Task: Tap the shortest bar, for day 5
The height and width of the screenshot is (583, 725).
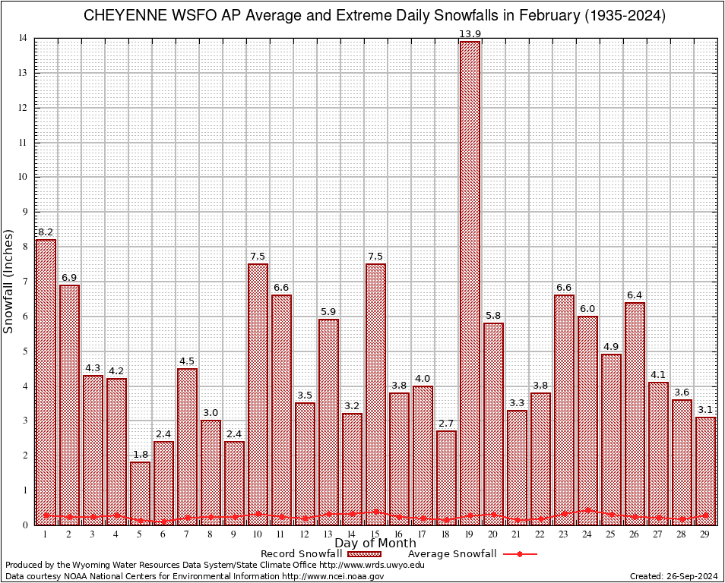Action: (140, 493)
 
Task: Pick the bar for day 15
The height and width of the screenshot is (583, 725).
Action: (375, 394)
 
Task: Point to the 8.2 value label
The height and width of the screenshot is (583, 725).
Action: (46, 232)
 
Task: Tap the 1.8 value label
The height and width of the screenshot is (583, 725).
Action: (140, 455)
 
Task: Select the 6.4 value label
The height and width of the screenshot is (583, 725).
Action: (635, 295)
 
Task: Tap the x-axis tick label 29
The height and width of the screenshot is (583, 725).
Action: (705, 534)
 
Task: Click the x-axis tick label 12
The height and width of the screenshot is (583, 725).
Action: (305, 534)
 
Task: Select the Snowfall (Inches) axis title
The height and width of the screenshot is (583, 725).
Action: (9, 281)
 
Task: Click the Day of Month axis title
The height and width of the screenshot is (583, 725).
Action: (375, 544)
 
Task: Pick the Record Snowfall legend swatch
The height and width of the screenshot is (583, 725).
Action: (364, 554)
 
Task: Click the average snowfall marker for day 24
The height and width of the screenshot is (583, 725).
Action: (587, 510)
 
